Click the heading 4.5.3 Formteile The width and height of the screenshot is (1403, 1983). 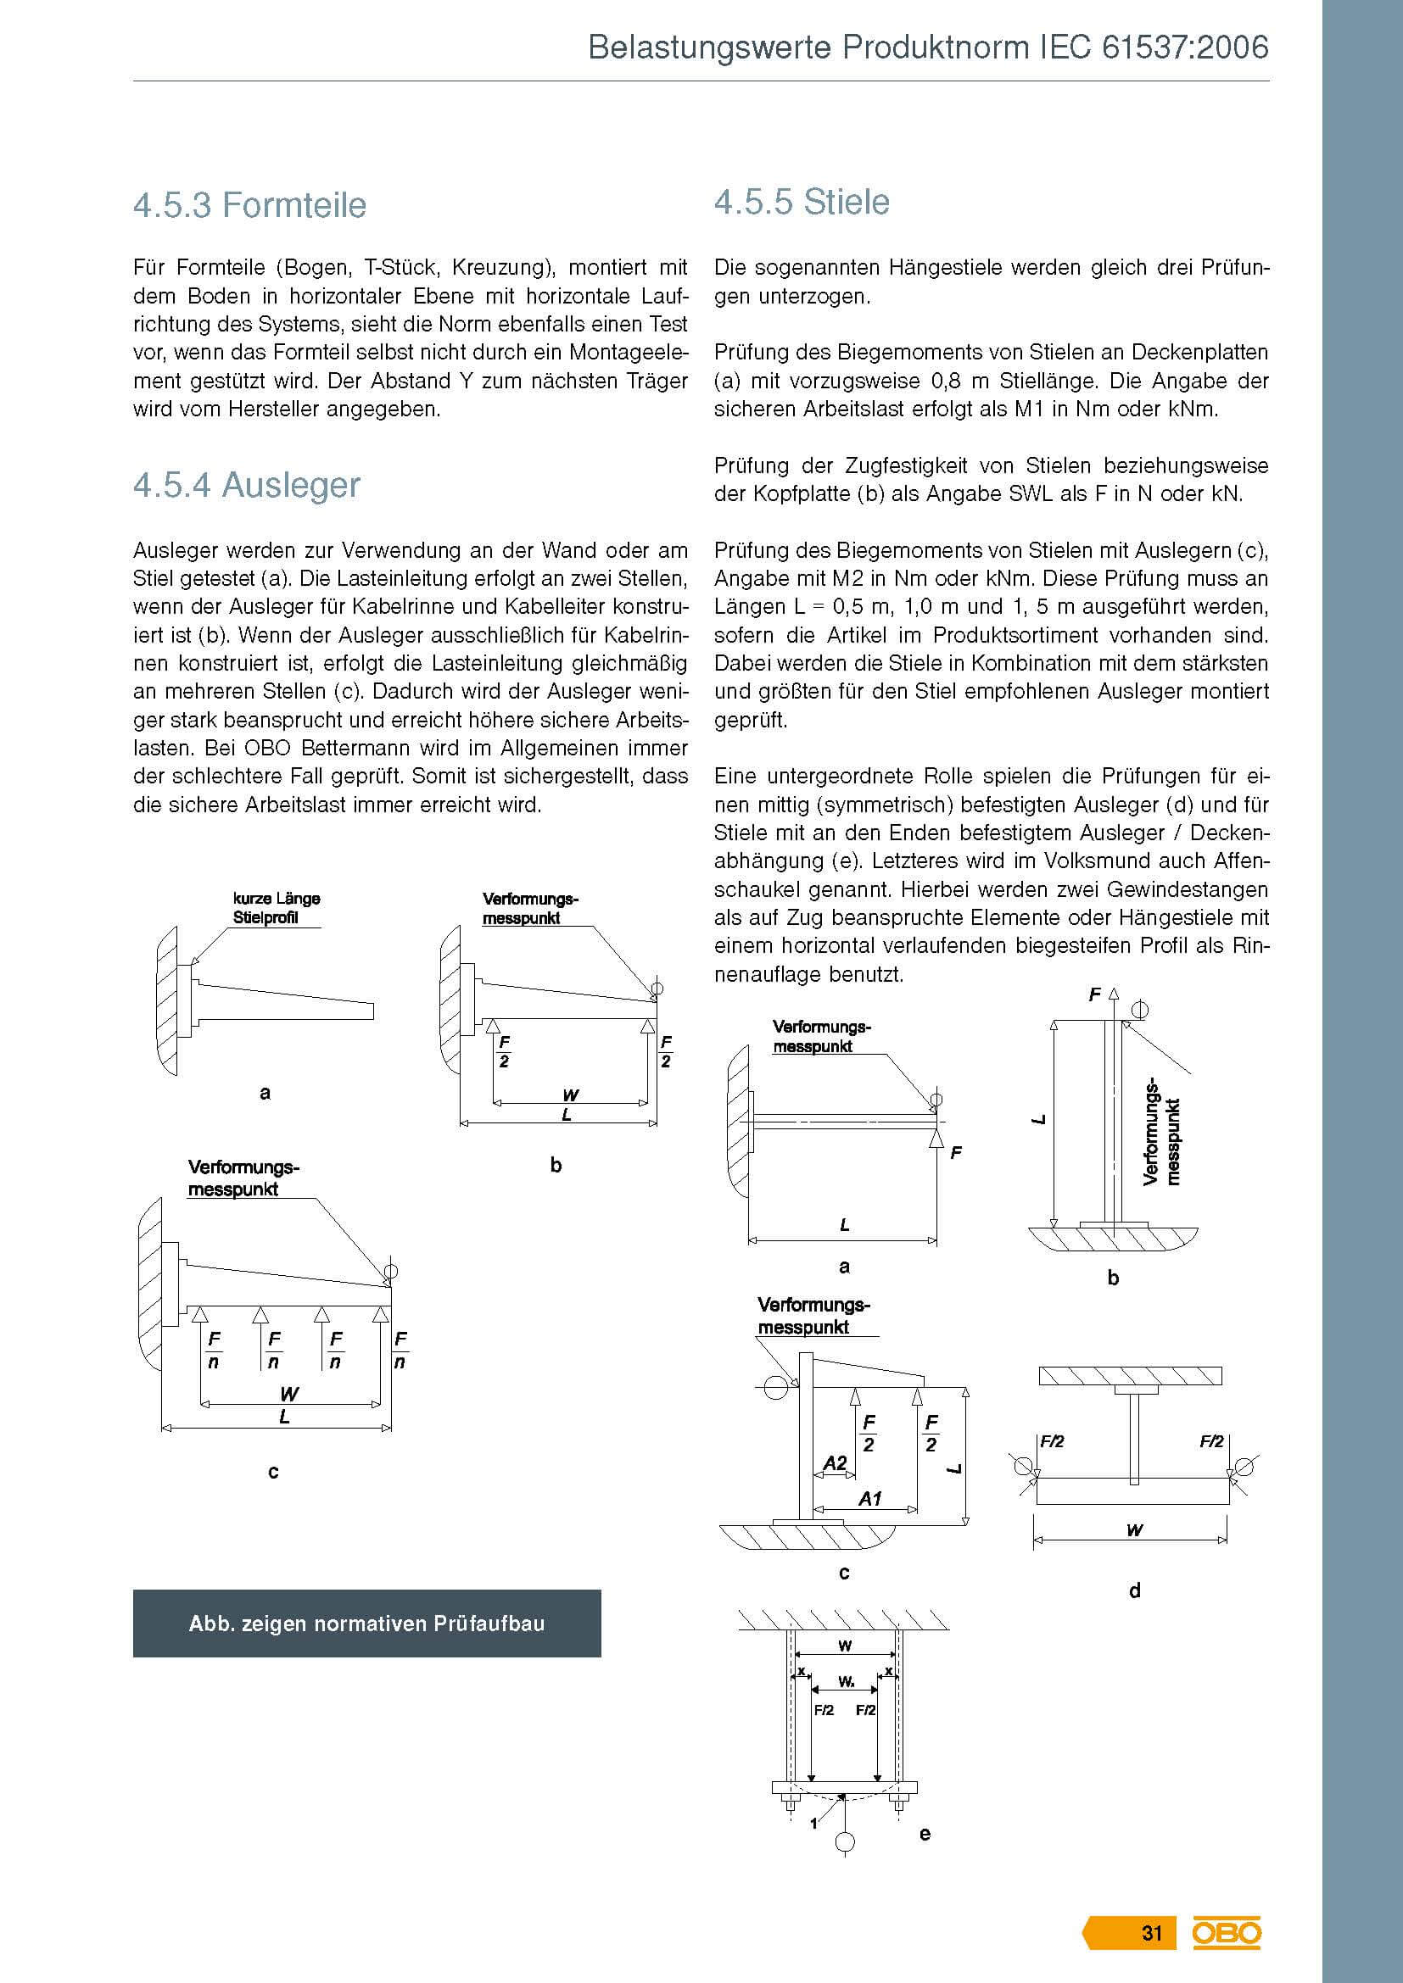249,205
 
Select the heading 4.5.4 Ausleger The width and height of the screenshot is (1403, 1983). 246,486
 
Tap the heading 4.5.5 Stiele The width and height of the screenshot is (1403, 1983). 802,202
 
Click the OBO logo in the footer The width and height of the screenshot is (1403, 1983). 1227,1933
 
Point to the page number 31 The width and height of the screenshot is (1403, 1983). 1152,1933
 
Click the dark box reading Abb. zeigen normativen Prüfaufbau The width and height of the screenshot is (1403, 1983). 366,1624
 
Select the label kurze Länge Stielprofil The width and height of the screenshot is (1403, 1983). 276,909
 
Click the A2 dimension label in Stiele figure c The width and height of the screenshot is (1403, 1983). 835,1463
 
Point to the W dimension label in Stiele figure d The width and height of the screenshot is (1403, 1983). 1134,1530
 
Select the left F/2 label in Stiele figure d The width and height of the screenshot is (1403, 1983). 1051,1441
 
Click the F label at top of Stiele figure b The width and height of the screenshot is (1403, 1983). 1094,995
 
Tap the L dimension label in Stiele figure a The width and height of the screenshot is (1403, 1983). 844,1225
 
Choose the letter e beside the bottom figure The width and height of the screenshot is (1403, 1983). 925,1834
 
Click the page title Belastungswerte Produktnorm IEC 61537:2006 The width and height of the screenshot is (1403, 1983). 928,47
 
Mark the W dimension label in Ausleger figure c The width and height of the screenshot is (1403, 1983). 288,1394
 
